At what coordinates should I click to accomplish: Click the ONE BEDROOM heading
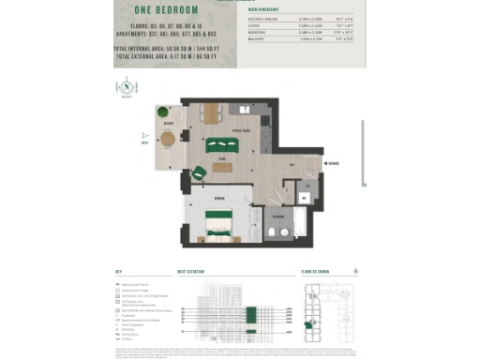[172, 12]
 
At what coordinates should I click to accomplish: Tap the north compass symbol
[126, 88]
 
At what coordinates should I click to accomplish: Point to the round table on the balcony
[168, 139]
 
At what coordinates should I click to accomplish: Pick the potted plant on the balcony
[161, 111]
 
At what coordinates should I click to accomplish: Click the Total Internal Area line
[172, 47]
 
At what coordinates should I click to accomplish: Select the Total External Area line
[172, 55]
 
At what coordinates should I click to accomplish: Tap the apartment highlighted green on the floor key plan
[310, 323]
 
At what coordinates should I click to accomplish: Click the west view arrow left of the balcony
[144, 143]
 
